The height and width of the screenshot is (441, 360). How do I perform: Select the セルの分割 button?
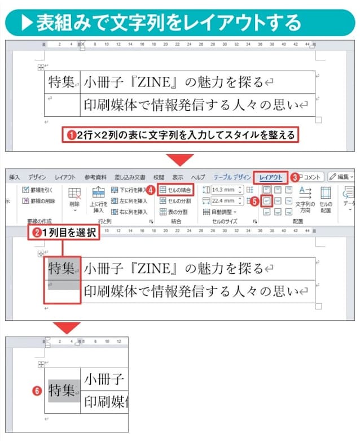point(176,200)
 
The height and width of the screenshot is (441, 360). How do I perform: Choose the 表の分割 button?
point(174,212)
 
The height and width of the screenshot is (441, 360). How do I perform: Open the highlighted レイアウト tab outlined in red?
point(271,177)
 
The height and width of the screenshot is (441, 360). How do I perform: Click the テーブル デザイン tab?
point(228,177)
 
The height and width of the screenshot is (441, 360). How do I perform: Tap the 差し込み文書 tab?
point(130,177)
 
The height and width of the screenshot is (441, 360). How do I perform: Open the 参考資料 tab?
point(95,177)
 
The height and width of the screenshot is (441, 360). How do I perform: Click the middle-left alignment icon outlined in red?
point(267,200)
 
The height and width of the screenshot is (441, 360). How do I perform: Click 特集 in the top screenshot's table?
point(62,83)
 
